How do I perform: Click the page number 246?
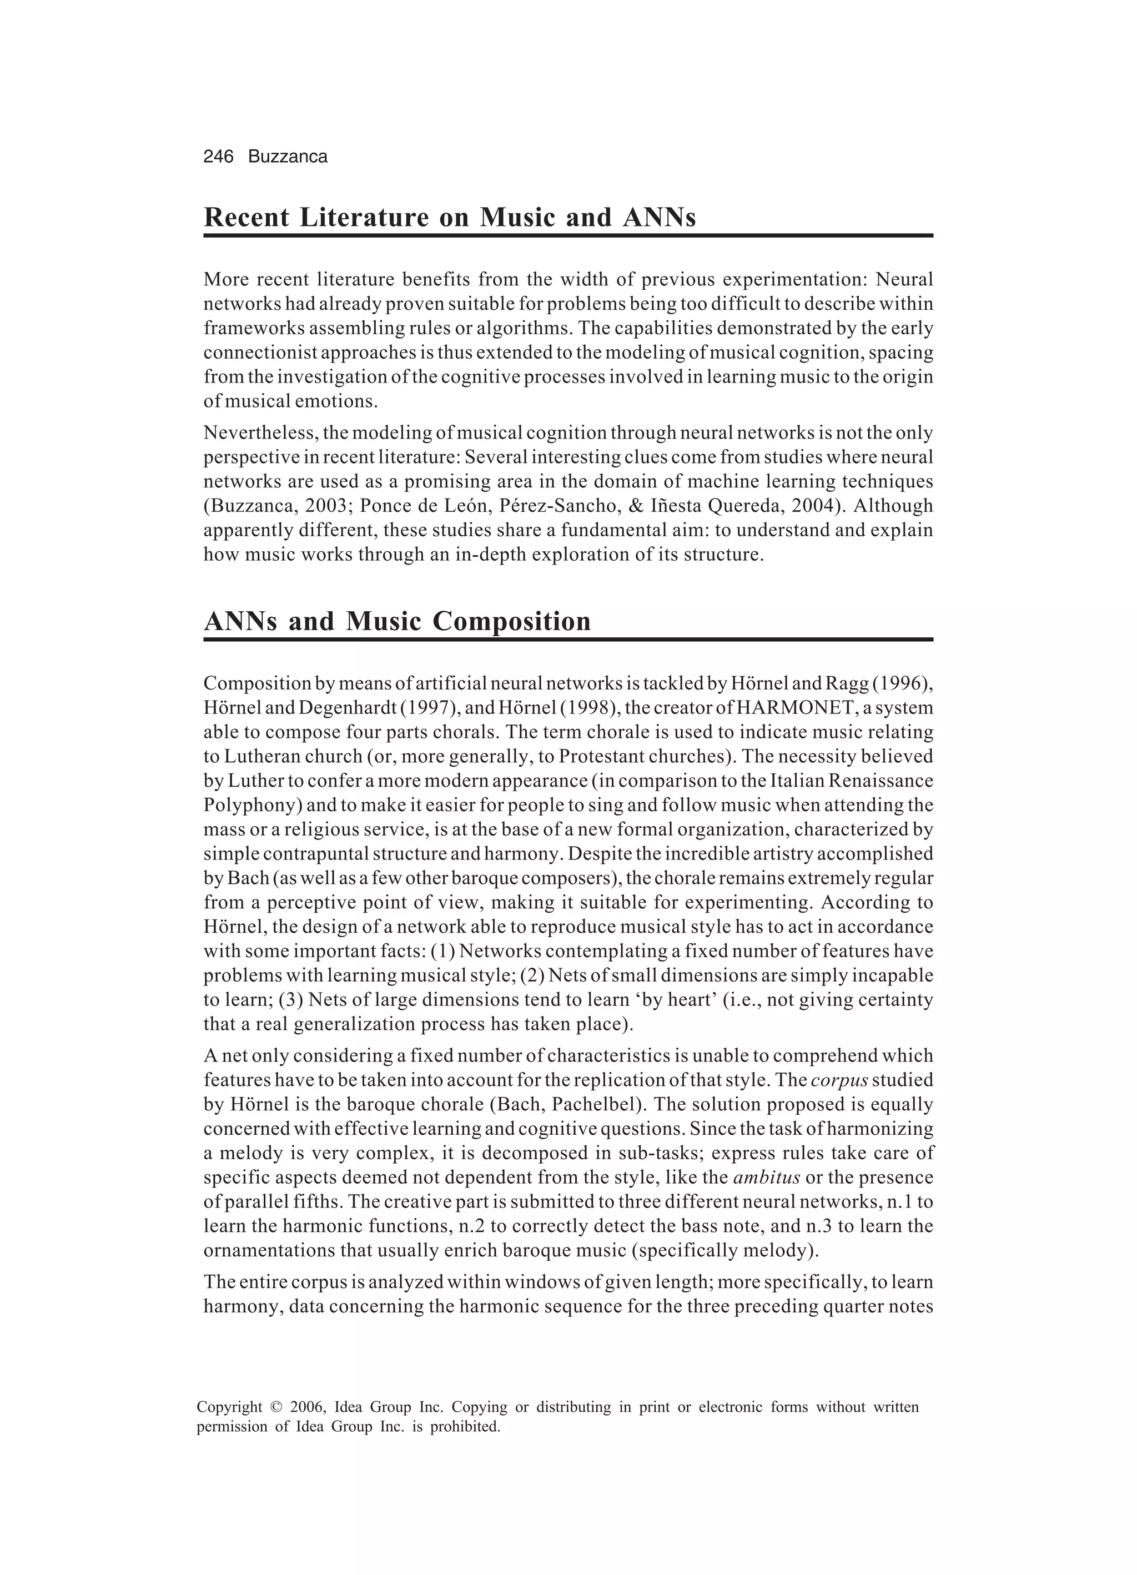click(x=218, y=157)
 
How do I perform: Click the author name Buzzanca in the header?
click(x=288, y=157)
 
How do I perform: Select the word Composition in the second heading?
click(x=511, y=621)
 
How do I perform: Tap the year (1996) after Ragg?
click(x=902, y=683)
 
